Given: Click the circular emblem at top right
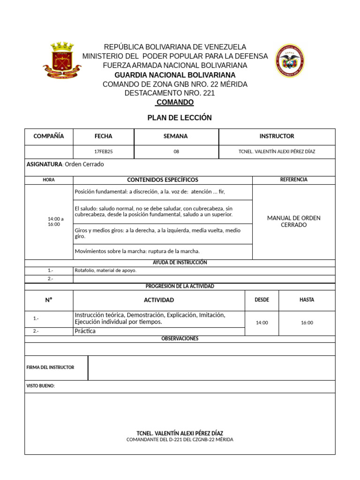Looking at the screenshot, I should coord(289,61).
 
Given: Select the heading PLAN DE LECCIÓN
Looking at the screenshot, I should coord(180,118).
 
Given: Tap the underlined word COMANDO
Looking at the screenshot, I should coord(175,102).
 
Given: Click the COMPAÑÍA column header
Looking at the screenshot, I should coord(49,136).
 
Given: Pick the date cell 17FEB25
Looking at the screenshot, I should coord(103,152).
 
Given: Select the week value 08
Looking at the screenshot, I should coord(176,152).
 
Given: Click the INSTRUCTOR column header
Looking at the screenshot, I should coord(277,136).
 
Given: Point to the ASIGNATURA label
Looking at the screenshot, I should coord(45,165).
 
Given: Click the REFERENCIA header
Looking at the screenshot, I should coord(293,180).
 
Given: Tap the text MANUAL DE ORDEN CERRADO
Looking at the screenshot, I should coord(293,221).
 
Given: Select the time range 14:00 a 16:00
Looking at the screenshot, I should coord(55,221).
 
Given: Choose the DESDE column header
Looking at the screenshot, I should coord(262,300).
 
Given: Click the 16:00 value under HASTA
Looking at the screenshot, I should coord(307,322).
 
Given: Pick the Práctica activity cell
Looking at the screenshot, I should coord(85,331).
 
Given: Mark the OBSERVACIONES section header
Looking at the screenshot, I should coord(180,338).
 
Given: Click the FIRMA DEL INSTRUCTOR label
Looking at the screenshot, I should coord(50,367).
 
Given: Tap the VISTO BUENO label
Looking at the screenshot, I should coord(41,386).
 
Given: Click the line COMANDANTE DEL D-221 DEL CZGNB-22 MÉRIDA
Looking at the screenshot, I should coord(180,440).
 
